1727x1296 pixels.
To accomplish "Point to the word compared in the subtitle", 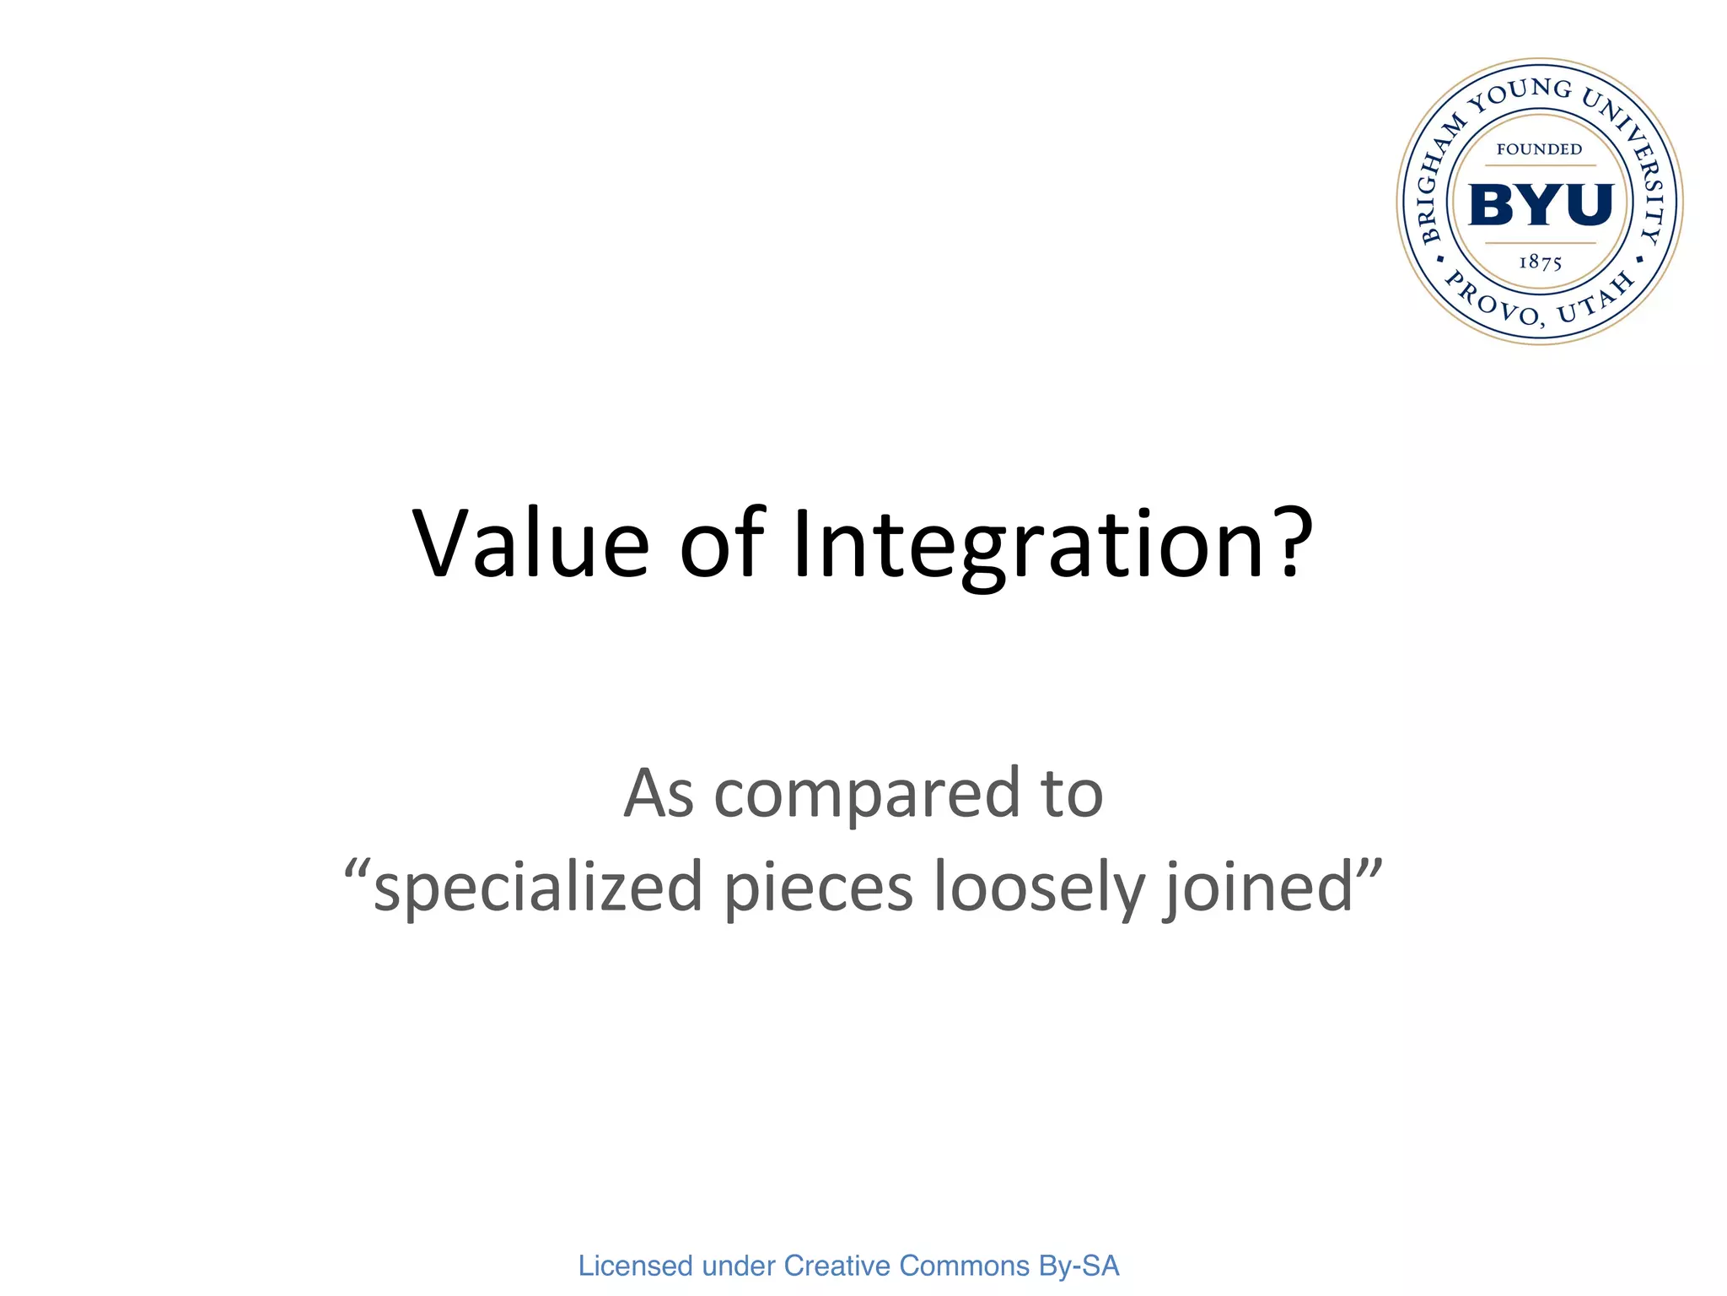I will (868, 794).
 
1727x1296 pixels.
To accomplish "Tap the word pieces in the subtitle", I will (819, 888).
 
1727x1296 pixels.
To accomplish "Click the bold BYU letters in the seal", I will (1541, 205).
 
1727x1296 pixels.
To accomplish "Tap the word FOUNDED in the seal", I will (1539, 149).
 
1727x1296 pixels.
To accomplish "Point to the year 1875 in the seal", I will (1541, 262).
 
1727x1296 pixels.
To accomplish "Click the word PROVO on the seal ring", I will (1493, 301).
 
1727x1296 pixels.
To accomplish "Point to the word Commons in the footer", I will (964, 1266).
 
